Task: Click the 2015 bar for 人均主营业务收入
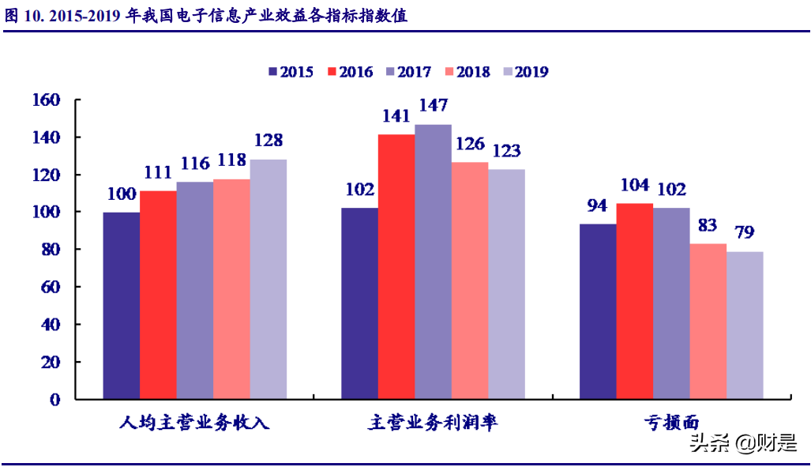[x=122, y=305]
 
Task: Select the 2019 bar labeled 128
[x=268, y=279]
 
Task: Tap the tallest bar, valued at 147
[x=434, y=261]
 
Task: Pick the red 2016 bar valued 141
[x=396, y=266]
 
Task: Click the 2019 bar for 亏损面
[x=745, y=325]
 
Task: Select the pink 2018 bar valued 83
[x=708, y=321]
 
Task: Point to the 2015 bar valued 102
[x=359, y=303]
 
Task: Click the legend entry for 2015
[x=291, y=72]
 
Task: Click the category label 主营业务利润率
[x=433, y=423]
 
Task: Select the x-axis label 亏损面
[x=671, y=423]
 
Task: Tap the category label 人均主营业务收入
[x=194, y=423]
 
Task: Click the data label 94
[x=596, y=206]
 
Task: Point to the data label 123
[x=506, y=151]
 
